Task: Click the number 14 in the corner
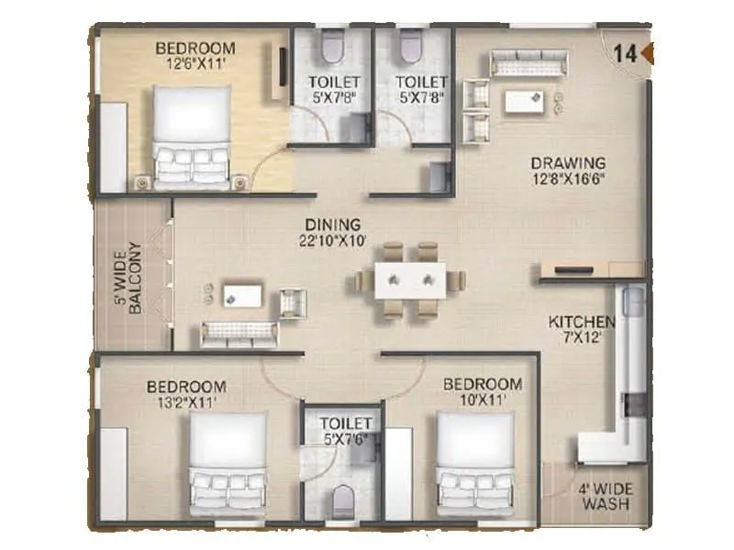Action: click(626, 53)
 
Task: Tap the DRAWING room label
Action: click(568, 164)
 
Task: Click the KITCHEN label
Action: click(581, 322)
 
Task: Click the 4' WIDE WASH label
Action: click(605, 496)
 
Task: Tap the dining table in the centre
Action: click(410, 279)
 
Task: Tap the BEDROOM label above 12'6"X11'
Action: click(195, 48)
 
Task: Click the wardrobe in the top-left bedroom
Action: click(113, 147)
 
